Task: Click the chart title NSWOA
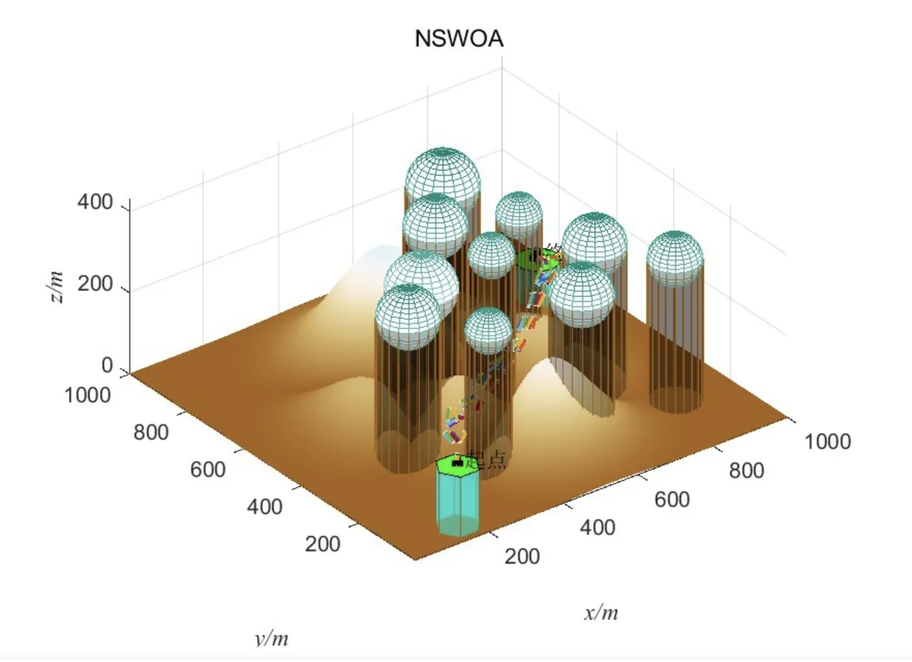click(x=459, y=38)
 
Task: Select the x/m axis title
click(x=601, y=612)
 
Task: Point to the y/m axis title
click(x=272, y=638)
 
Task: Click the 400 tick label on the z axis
click(x=95, y=202)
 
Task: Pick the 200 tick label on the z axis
click(x=95, y=284)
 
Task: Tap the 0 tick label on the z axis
click(x=107, y=366)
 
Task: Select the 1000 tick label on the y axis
click(x=87, y=395)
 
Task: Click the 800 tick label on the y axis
click(x=151, y=432)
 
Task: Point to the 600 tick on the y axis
click(x=208, y=469)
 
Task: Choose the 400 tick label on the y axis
click(x=264, y=506)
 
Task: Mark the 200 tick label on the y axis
click(x=322, y=543)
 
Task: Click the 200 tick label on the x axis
click(x=522, y=556)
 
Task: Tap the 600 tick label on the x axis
click(x=672, y=499)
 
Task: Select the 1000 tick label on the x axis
click(x=827, y=441)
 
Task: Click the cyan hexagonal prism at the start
click(x=458, y=502)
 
